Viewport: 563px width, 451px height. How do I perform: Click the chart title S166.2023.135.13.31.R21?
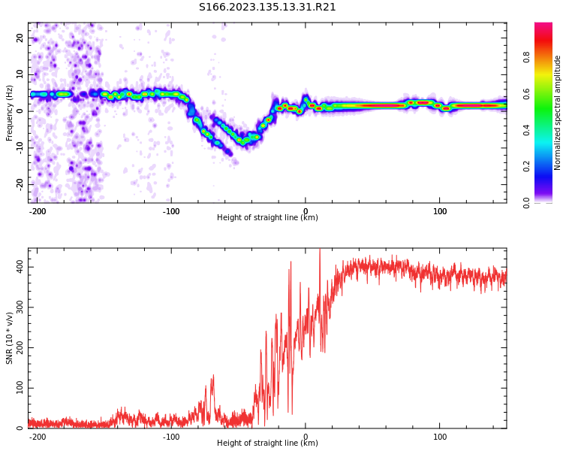[x=267, y=8]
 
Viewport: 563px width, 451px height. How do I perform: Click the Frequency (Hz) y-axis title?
[x=10, y=113]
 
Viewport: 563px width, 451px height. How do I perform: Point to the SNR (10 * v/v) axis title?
[x=10, y=338]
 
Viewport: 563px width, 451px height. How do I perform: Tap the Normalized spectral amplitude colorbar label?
[x=558, y=113]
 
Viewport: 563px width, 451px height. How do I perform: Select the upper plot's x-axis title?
[x=267, y=218]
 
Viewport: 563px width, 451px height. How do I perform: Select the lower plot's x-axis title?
[x=267, y=443]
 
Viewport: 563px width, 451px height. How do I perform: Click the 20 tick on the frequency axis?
[x=20, y=38]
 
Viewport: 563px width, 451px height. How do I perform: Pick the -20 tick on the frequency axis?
[x=20, y=183]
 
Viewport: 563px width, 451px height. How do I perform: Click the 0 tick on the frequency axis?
[x=20, y=110]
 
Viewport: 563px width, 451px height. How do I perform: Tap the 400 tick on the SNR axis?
[x=20, y=268]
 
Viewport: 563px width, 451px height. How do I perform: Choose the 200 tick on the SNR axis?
[x=20, y=348]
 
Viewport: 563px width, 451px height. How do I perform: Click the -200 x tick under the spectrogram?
[x=38, y=210]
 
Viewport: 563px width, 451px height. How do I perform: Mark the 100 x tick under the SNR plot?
[x=440, y=436]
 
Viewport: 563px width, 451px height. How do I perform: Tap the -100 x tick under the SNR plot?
[x=171, y=436]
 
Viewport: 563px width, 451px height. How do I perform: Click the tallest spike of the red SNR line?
[x=320, y=250]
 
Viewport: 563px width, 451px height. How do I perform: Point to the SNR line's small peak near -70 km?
[x=213, y=376]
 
